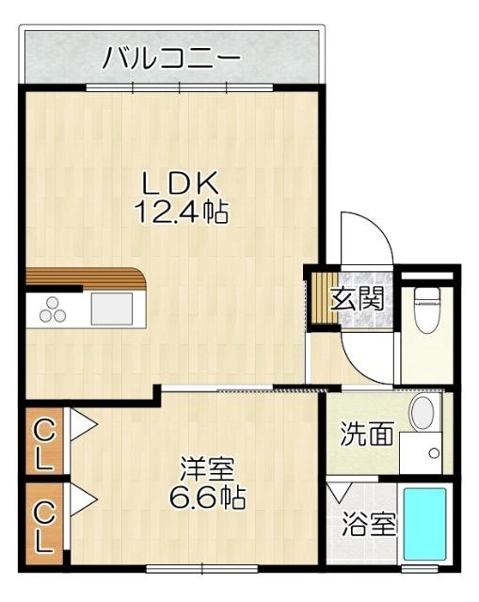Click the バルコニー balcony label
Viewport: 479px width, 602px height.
coord(171,58)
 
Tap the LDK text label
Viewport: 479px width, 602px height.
coord(181,182)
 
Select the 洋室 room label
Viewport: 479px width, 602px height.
coord(208,467)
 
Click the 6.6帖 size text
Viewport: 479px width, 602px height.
coord(208,497)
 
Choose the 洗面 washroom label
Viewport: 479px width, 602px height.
coord(367,435)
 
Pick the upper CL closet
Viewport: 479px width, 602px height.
coord(43,443)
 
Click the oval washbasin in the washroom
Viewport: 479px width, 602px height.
coord(423,411)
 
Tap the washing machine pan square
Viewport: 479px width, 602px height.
coord(422,454)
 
